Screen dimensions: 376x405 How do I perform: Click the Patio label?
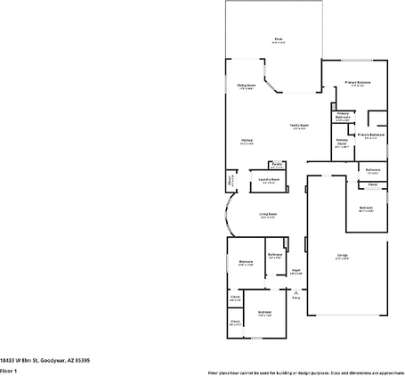pyautogui.click(x=279, y=39)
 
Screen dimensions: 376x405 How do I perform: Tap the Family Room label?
pyautogui.click(x=299, y=126)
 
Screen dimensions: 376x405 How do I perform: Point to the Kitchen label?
pyautogui.click(x=247, y=141)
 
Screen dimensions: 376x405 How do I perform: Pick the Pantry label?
pyautogui.click(x=277, y=165)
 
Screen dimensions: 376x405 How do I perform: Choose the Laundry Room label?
pyautogui.click(x=269, y=180)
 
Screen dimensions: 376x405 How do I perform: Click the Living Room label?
pyautogui.click(x=268, y=214)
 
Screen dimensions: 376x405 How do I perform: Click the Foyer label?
pyautogui.click(x=296, y=271)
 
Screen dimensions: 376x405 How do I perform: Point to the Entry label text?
pyautogui.click(x=296, y=298)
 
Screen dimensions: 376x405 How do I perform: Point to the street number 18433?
pyautogui.click(x=8, y=359)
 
